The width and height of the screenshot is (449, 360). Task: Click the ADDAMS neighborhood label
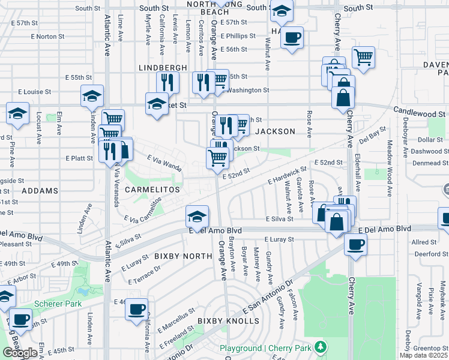(x=40, y=190)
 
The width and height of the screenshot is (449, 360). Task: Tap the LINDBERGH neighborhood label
(x=163, y=68)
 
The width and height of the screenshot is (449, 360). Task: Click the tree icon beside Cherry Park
(x=321, y=347)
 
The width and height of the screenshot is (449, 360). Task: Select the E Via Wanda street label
(x=164, y=161)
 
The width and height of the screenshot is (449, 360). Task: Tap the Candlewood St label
(x=420, y=112)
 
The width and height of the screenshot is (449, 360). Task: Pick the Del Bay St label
(x=372, y=136)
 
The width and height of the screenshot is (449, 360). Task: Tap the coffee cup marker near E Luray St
(x=356, y=245)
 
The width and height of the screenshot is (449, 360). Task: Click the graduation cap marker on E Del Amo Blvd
(x=197, y=217)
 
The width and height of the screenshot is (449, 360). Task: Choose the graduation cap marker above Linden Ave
(x=92, y=96)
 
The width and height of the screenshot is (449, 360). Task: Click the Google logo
(x=20, y=353)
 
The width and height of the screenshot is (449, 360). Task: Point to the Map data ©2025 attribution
(x=423, y=355)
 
